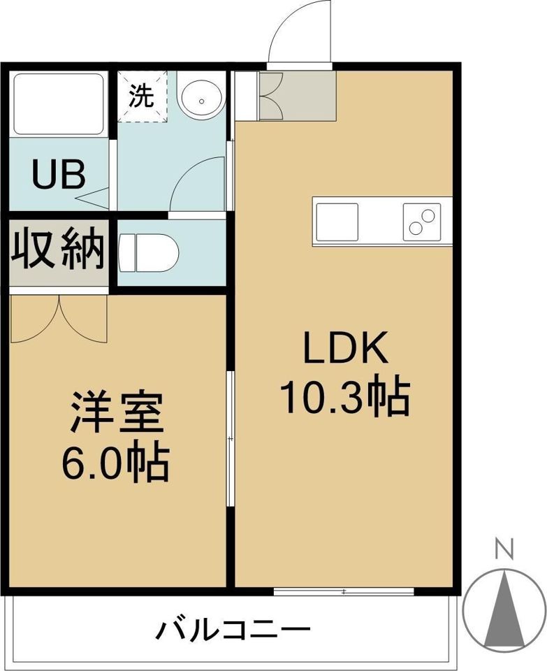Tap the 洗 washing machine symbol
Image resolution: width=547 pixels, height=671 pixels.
pos(143,96)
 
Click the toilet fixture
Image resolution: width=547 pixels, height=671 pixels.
pos(148,252)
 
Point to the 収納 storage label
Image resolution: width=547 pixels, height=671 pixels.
pos(59,249)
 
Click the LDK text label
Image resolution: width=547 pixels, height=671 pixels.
pos(344,347)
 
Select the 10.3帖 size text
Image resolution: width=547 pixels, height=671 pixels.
pos(344,396)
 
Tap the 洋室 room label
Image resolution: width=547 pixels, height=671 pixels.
pos(117,414)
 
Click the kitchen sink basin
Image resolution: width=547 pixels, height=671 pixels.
pos(337,221)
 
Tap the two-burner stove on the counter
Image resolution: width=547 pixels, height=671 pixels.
pos(422,222)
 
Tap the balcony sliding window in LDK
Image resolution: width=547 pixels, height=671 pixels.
pos(344,592)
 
